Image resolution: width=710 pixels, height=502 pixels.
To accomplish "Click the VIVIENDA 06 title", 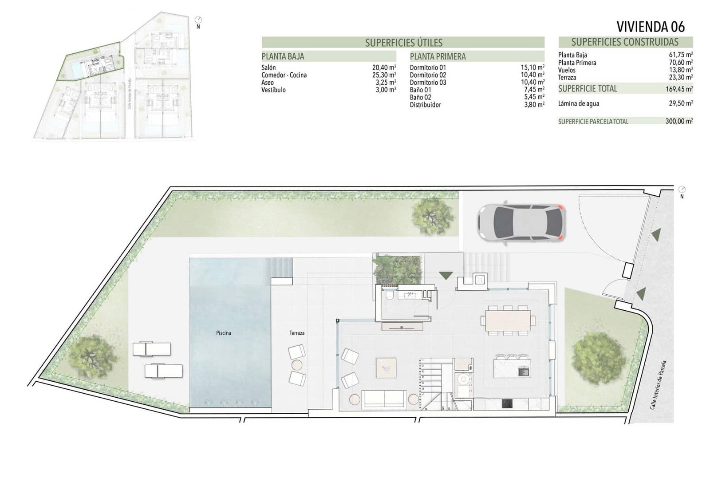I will click(x=651, y=27).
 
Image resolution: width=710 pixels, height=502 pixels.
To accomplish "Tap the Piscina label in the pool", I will click(x=224, y=333).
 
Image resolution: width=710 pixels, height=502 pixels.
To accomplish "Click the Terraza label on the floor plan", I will click(x=297, y=333).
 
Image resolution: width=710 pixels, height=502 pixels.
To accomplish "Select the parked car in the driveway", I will click(x=521, y=223).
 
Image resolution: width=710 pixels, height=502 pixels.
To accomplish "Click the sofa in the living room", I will click(x=384, y=399).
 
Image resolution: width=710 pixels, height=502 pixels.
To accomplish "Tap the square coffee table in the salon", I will click(x=386, y=368).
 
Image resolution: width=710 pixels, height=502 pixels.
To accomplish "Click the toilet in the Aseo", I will click(x=389, y=296).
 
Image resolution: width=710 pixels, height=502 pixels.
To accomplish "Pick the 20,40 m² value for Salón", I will click(x=384, y=68).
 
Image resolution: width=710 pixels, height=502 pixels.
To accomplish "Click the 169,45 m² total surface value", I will click(x=679, y=89).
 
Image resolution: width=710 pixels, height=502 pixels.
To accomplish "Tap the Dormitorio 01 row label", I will click(x=428, y=68).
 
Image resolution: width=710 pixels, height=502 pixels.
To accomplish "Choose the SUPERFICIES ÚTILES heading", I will click(x=403, y=43).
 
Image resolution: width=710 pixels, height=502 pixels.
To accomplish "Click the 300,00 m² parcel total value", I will click(x=679, y=121).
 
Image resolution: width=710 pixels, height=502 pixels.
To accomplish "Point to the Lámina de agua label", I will click(x=578, y=104).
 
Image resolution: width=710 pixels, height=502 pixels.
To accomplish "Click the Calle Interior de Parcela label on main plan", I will click(x=658, y=384).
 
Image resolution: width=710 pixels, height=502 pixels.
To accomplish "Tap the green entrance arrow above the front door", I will click(x=446, y=275).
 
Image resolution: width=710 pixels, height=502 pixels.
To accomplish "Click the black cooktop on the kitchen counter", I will click(x=507, y=403).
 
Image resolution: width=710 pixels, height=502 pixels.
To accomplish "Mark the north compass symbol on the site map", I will click(x=198, y=20).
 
